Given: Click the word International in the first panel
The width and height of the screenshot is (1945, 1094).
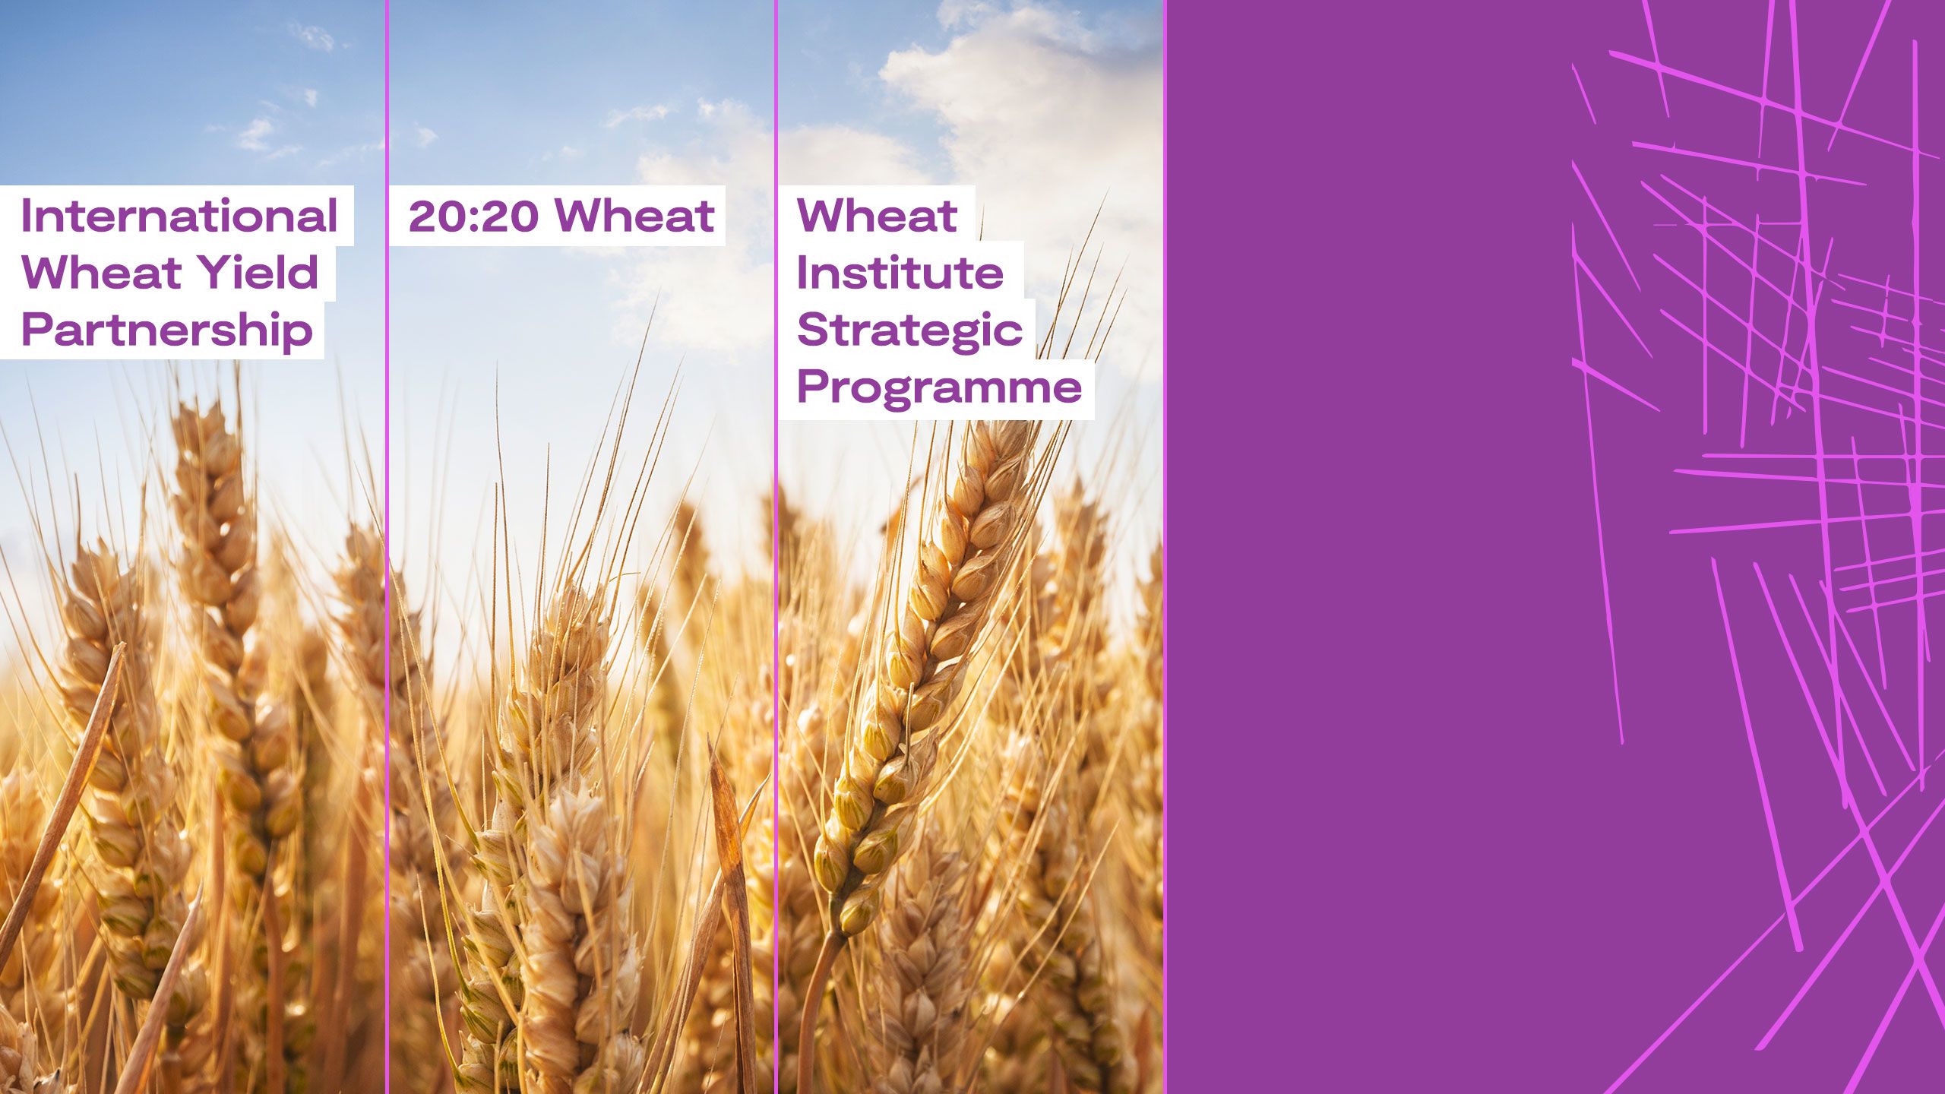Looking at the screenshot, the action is click(x=179, y=216).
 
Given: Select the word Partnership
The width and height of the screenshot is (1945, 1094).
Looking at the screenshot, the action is click(x=167, y=331).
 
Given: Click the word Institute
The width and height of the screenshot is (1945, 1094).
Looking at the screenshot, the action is click(x=900, y=272).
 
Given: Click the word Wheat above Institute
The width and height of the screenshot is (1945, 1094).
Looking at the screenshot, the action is click(x=877, y=216).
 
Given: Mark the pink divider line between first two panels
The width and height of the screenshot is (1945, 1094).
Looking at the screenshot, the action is click(x=387, y=547).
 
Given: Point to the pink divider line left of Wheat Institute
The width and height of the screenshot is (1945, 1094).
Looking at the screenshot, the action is click(x=776, y=547).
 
